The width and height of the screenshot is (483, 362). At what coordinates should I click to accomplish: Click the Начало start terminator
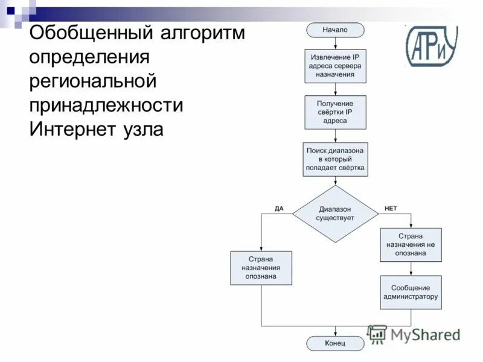pos(335,30)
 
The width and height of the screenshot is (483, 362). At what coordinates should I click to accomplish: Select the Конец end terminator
pos(335,343)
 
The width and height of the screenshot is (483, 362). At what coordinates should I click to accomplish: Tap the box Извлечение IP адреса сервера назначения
pos(335,65)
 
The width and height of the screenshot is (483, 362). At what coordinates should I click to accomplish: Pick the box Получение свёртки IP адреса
pos(335,112)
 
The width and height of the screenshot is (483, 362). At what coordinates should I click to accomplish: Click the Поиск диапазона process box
pos(335,159)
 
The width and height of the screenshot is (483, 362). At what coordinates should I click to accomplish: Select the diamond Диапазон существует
pos(335,213)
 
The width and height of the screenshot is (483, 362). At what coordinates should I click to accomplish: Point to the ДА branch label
pos(279,208)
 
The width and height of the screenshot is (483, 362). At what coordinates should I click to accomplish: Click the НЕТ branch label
pos(391,208)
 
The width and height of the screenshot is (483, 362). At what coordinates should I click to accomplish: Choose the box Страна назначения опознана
pos(261,268)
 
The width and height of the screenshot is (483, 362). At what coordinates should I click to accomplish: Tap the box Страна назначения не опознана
pos(411,244)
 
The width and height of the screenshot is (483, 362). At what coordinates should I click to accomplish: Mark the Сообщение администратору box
pos(411,292)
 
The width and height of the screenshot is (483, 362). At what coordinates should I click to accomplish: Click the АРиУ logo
pos(431,46)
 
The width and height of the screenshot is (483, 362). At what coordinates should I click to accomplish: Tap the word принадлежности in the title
pos(106,106)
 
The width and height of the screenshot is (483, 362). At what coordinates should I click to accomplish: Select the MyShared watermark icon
pos(377,334)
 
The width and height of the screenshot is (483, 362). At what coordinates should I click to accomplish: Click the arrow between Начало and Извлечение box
pos(335,42)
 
